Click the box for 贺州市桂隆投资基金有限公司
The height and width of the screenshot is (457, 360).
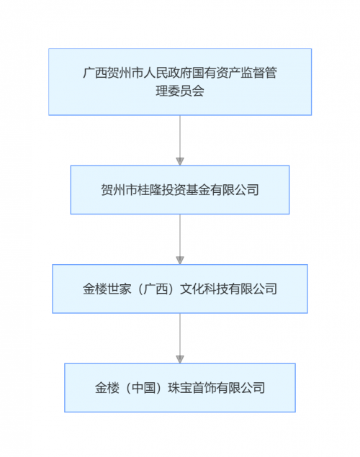pos(180,190)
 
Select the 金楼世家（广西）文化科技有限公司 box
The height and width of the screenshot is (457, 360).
pos(180,289)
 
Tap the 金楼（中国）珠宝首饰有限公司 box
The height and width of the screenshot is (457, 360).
pos(180,388)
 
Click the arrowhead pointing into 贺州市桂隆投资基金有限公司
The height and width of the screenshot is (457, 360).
pos(180,161)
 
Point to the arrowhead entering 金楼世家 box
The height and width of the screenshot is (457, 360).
pos(180,261)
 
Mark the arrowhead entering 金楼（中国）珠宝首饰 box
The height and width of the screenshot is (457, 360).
pos(180,359)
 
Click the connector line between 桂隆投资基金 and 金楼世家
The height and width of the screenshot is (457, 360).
pos(180,235)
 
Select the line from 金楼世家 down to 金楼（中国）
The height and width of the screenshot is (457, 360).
pos(180,335)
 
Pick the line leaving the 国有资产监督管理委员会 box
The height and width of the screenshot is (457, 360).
pos(180,137)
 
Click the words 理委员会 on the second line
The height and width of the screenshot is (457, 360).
pos(180,91)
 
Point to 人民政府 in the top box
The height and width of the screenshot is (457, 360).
pos(168,73)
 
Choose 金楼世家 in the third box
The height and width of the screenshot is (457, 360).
pos(107,289)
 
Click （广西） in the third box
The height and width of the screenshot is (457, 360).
pos(156,289)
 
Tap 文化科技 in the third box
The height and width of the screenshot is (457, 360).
pos(204,289)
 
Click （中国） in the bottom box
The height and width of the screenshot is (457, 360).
pos(143,388)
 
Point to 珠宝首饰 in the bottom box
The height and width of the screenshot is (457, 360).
pos(192,388)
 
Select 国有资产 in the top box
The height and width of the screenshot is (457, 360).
pos(216,73)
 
